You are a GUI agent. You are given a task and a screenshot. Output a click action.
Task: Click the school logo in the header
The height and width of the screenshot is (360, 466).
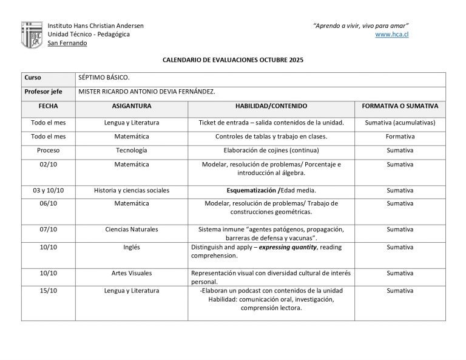click(32, 35)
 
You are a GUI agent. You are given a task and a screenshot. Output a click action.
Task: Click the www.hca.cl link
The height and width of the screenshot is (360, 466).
click(391, 35)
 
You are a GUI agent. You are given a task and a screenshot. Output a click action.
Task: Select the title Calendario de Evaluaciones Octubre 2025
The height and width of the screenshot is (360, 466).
click(232, 61)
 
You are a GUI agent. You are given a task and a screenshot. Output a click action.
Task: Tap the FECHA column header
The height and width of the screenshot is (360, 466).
click(48, 106)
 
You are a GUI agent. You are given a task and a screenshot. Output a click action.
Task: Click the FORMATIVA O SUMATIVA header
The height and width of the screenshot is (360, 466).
click(400, 106)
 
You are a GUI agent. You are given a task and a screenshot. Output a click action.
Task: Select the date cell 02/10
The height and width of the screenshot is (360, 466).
click(48, 164)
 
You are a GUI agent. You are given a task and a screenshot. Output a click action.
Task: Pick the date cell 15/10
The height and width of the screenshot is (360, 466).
click(48, 291)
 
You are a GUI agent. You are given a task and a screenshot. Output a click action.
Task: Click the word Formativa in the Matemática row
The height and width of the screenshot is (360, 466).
click(400, 137)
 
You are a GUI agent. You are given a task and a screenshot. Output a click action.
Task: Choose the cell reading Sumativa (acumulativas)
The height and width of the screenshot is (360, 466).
click(400, 123)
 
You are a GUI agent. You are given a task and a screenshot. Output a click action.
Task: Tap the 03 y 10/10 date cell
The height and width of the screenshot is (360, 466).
click(48, 191)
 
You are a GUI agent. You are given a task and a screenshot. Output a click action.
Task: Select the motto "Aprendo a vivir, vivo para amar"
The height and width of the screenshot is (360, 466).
click(360, 25)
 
